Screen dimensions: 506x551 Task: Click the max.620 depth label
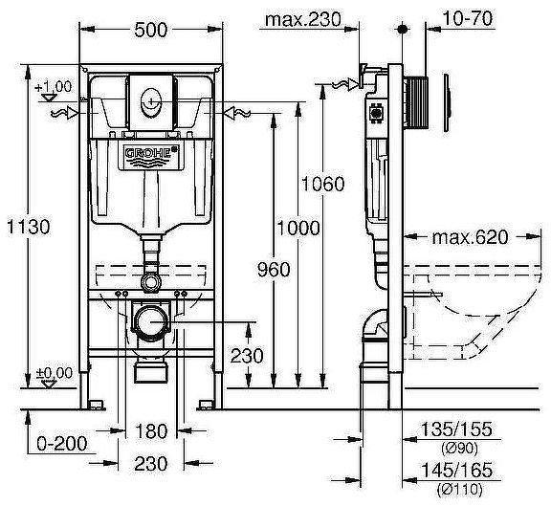[467, 236]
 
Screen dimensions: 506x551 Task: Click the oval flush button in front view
[150, 100]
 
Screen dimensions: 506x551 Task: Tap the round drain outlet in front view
[149, 322]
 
